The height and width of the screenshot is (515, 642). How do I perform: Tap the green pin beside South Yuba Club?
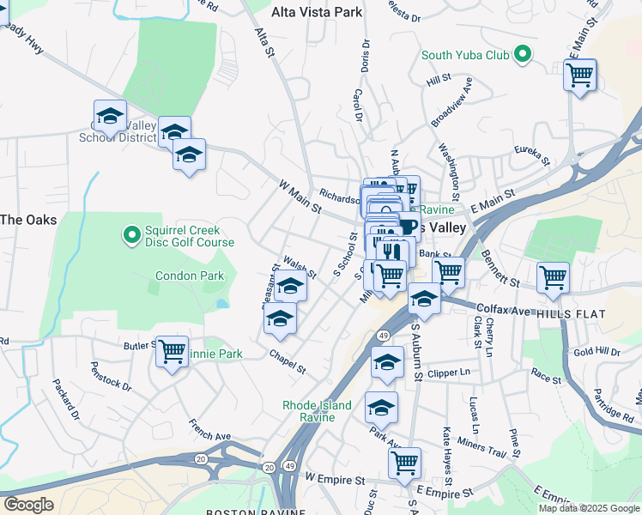[521, 56]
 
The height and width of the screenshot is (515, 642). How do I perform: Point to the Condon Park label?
[190, 276]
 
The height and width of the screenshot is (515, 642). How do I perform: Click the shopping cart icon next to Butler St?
[172, 350]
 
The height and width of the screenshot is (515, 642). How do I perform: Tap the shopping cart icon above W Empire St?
[404, 462]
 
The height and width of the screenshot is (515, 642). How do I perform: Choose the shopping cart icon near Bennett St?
[553, 277]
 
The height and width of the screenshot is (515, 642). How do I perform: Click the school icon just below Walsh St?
[291, 286]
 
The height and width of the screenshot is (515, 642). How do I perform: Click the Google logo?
[28, 504]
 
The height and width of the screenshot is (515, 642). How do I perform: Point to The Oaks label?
[28, 220]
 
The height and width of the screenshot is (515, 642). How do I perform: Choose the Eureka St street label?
[531, 154]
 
